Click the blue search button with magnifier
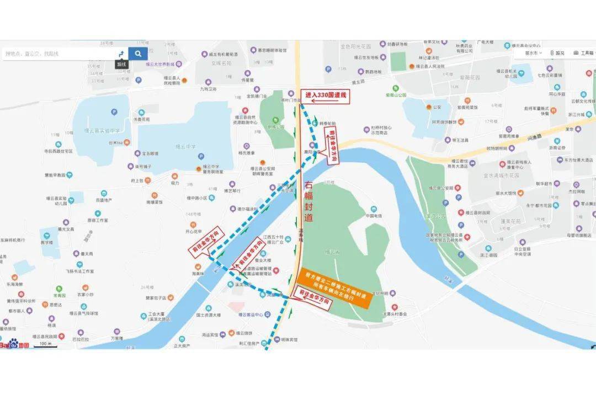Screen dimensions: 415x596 [138, 54]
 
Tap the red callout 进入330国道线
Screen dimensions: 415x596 [326, 95]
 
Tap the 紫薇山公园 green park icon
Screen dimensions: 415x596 [395, 88]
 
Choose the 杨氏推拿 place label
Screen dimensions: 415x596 [247, 153]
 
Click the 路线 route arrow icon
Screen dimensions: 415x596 [121, 54]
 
